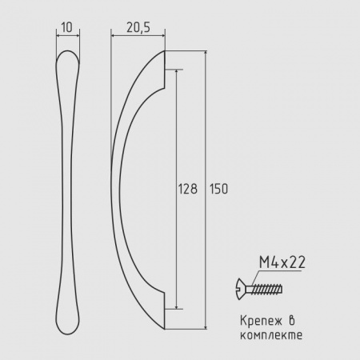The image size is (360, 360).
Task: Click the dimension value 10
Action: point(66,27)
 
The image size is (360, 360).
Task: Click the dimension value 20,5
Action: point(138,27)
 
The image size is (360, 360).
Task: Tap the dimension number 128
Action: point(188,189)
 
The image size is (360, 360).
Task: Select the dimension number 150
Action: point(218,189)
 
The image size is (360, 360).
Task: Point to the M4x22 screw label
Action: point(282,262)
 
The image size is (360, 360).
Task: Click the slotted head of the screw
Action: point(241,289)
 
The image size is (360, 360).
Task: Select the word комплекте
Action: point(271,335)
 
